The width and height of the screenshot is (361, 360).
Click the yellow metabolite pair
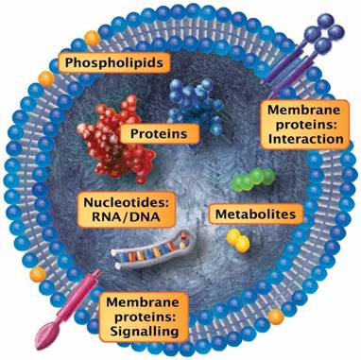tap(242, 243)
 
